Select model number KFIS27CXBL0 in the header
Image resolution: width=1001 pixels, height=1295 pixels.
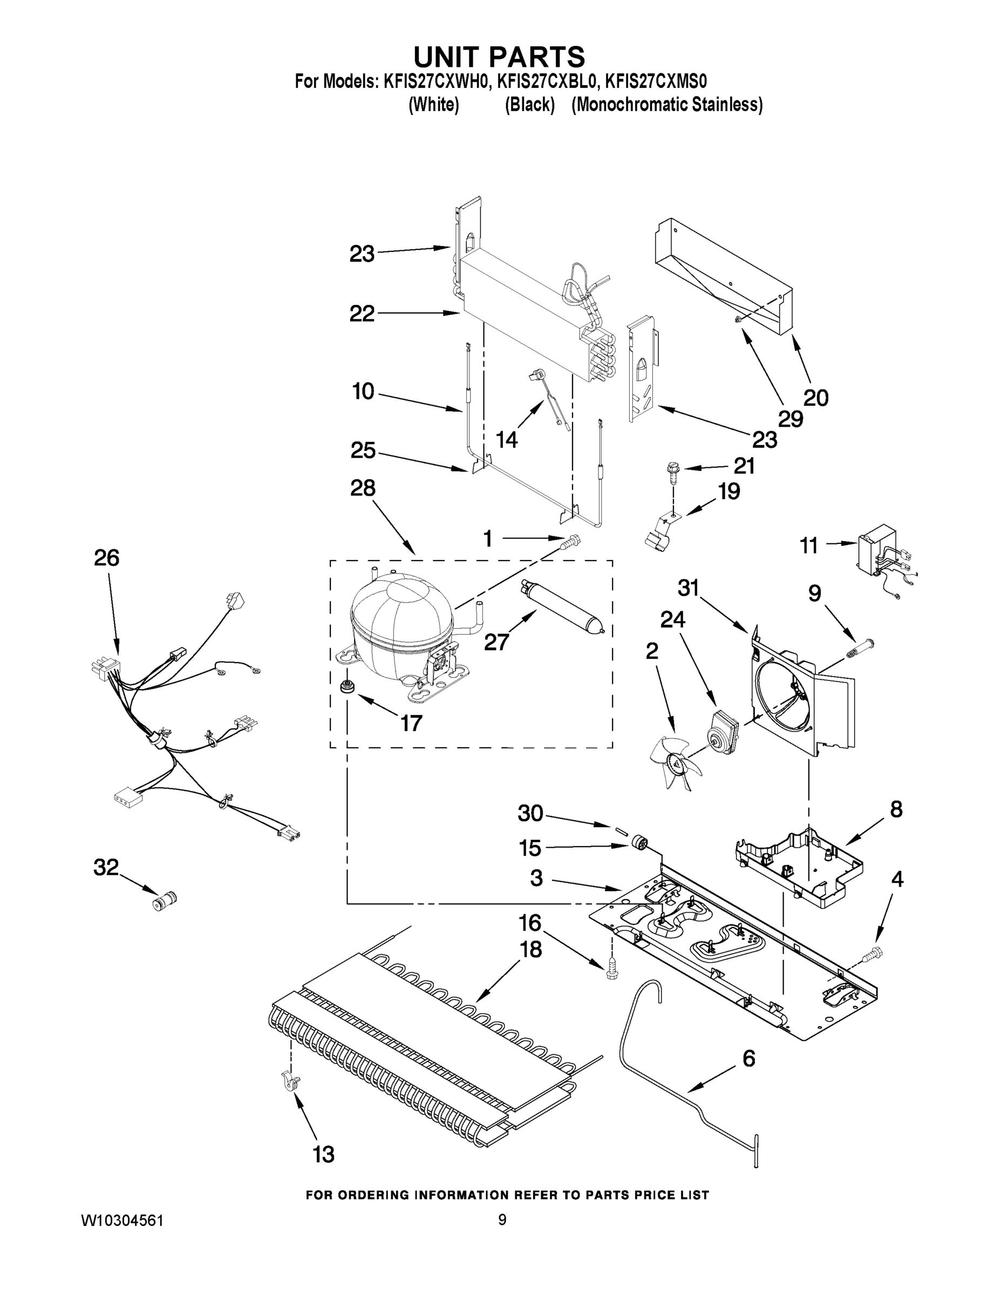point(546,81)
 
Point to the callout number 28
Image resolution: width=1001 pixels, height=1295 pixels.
point(362,488)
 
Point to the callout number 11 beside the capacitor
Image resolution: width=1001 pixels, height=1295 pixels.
point(809,545)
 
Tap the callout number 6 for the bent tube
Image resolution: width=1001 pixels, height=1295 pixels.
point(749,1058)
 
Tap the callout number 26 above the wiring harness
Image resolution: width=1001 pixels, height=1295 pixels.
point(107,557)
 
